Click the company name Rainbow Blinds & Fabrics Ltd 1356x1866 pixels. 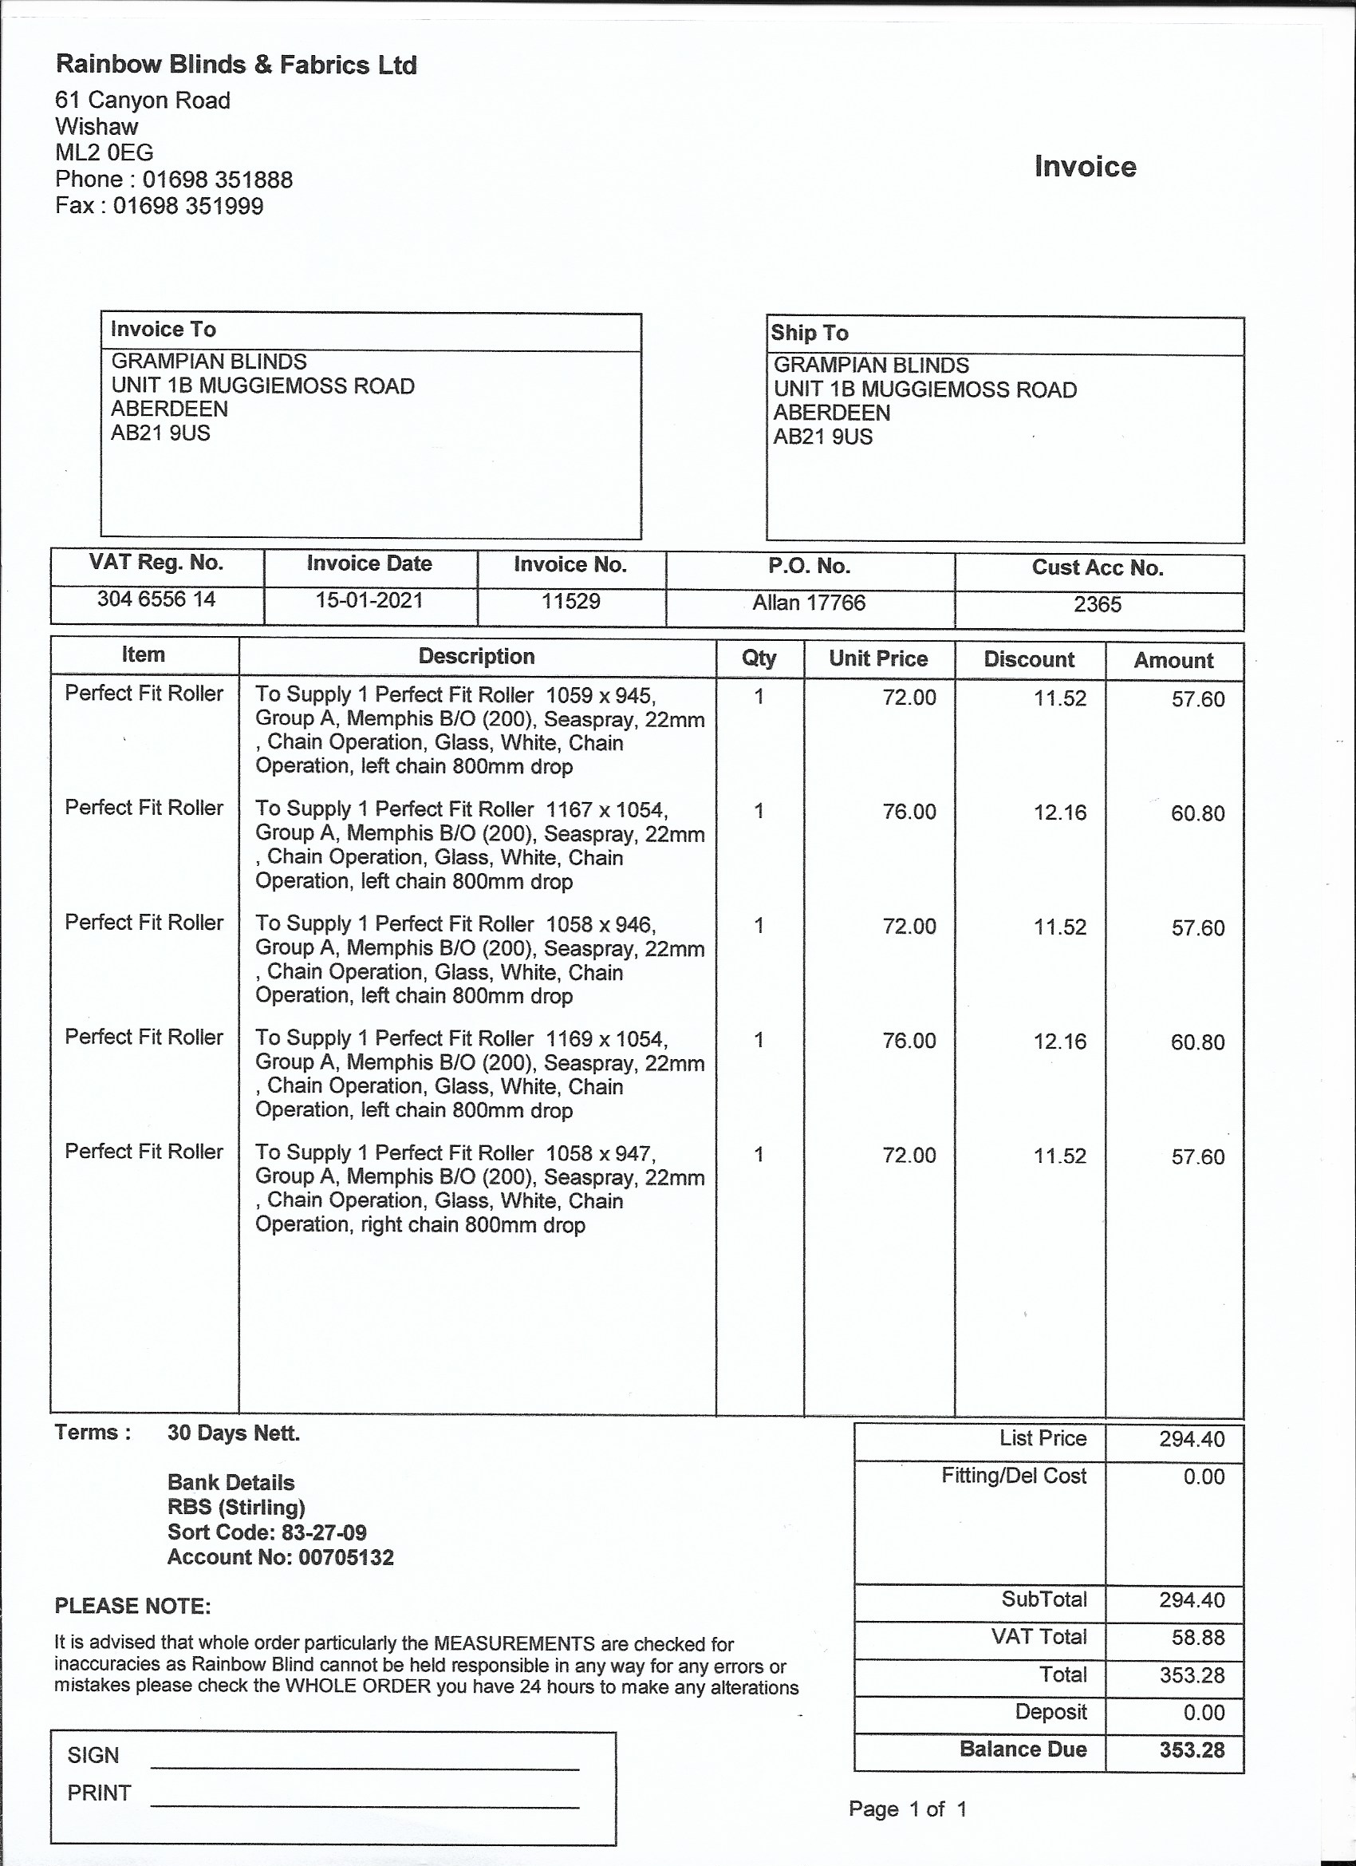click(236, 64)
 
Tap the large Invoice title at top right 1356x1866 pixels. click(1085, 166)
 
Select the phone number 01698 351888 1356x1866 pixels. click(217, 180)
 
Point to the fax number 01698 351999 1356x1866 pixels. click(188, 206)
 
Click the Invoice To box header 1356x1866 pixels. click(164, 330)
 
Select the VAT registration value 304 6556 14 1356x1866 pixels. click(156, 599)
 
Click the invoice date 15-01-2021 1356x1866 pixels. click(369, 600)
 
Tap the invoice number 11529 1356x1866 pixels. click(570, 602)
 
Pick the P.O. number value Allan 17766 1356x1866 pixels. click(809, 603)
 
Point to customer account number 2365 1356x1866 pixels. click(1097, 605)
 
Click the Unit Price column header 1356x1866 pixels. click(878, 658)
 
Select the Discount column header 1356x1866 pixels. click(1029, 659)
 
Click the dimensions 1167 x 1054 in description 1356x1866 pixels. click(605, 810)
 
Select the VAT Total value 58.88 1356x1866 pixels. click(1198, 1637)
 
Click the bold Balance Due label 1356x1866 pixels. click(1023, 1749)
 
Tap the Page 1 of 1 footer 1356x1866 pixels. click(908, 1809)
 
